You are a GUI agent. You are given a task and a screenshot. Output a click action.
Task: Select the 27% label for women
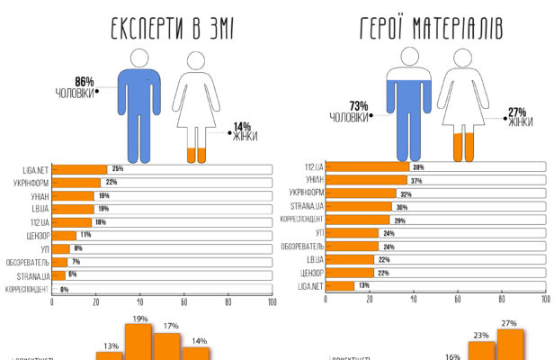click(x=516, y=112)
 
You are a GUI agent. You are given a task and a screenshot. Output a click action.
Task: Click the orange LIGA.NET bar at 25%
click(x=80, y=168)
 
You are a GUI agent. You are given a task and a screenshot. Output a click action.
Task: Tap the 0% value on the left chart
click(x=65, y=289)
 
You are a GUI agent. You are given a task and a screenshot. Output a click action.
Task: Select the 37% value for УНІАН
click(x=416, y=180)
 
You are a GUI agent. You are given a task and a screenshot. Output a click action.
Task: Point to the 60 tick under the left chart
click(x=183, y=302)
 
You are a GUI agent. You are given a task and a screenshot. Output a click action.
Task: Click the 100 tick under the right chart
click(x=545, y=300)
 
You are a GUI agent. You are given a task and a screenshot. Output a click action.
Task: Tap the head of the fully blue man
click(x=139, y=58)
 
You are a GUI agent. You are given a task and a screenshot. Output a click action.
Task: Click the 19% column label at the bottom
click(x=140, y=318)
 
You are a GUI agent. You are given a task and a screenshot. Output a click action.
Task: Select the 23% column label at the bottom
click(x=481, y=335)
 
